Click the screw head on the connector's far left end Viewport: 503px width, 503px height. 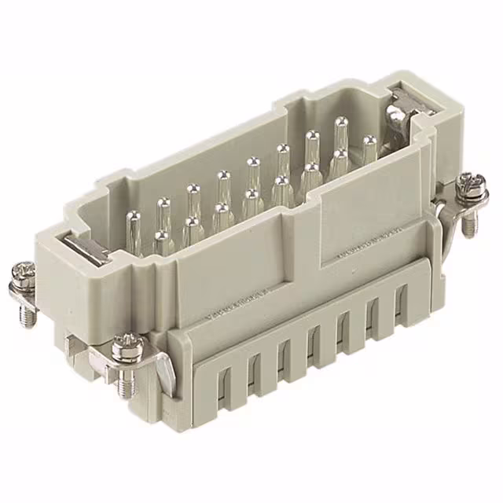click(x=21, y=277)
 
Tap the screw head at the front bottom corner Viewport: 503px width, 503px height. click(x=127, y=347)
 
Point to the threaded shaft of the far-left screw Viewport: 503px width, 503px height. click(x=28, y=314)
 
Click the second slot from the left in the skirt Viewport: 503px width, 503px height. click(x=253, y=372)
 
